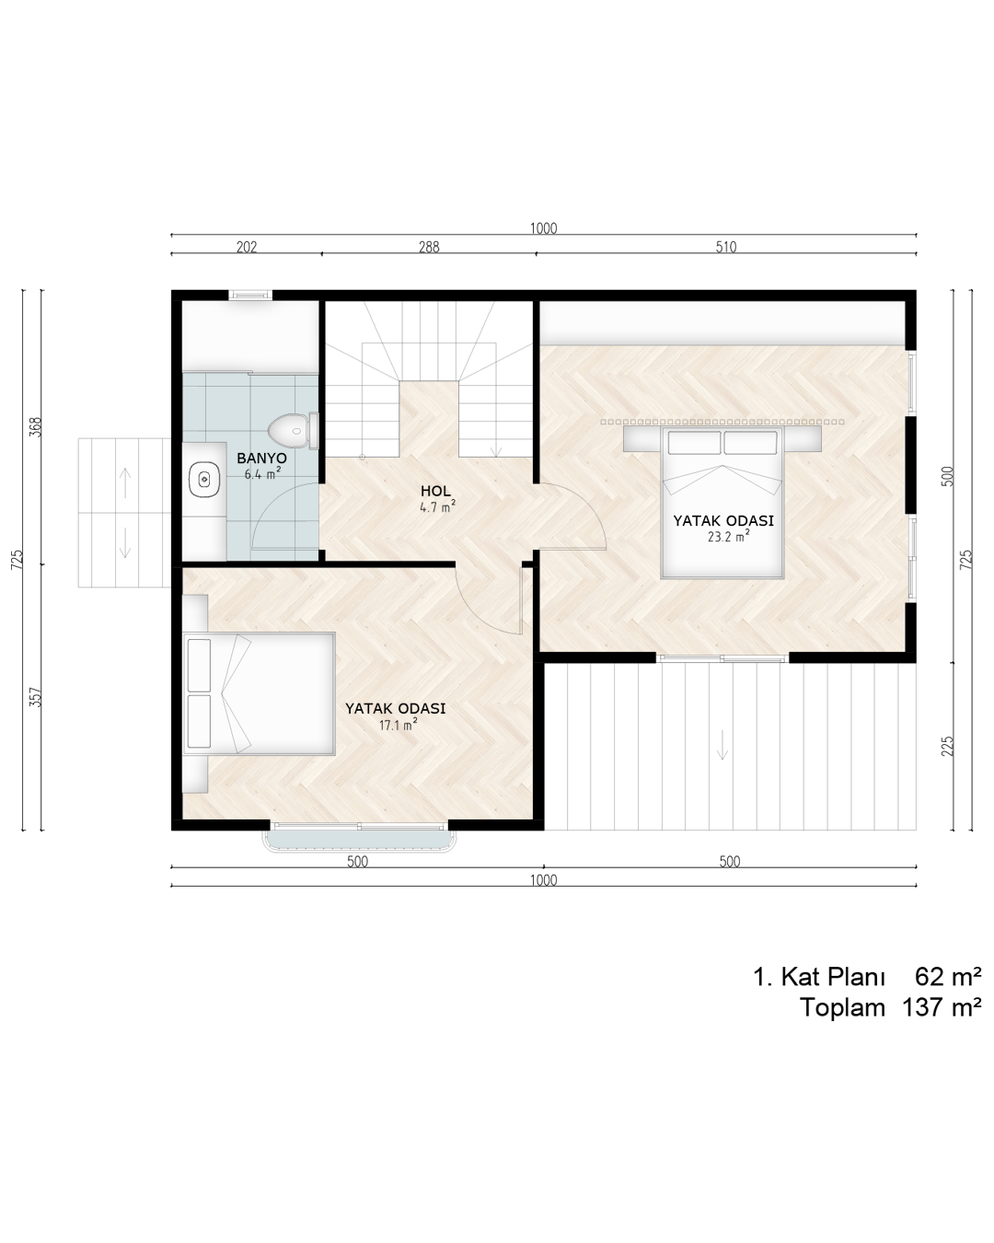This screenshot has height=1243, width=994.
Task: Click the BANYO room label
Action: pos(261,458)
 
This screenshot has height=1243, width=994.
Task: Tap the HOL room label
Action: pos(435,491)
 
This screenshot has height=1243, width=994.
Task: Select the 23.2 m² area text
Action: pos(728,536)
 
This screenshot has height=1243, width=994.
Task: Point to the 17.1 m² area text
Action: pos(398,725)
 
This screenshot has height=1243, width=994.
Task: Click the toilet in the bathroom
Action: pos(294,430)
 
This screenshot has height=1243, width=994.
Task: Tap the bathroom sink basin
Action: pos(204,479)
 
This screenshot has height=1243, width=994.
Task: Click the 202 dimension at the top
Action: pos(247,247)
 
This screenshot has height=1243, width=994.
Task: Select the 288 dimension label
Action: pos(429,247)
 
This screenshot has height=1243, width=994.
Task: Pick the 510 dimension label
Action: pos(726,247)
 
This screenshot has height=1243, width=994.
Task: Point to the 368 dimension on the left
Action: pos(36,427)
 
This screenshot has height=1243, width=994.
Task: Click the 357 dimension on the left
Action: pos(36,697)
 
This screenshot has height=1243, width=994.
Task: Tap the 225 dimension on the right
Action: pos(947,746)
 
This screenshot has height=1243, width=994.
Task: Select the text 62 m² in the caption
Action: pos(948,976)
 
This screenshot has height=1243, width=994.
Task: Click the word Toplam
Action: pos(842,1008)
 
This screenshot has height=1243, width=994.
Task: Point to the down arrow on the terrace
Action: pos(722,745)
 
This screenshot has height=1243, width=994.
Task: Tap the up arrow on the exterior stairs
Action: pos(125,482)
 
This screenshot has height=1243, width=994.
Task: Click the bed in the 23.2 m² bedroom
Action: pos(722,503)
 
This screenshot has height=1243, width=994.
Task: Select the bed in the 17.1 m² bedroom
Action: pos(259,693)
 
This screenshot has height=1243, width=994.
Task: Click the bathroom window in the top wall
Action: pos(250,296)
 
